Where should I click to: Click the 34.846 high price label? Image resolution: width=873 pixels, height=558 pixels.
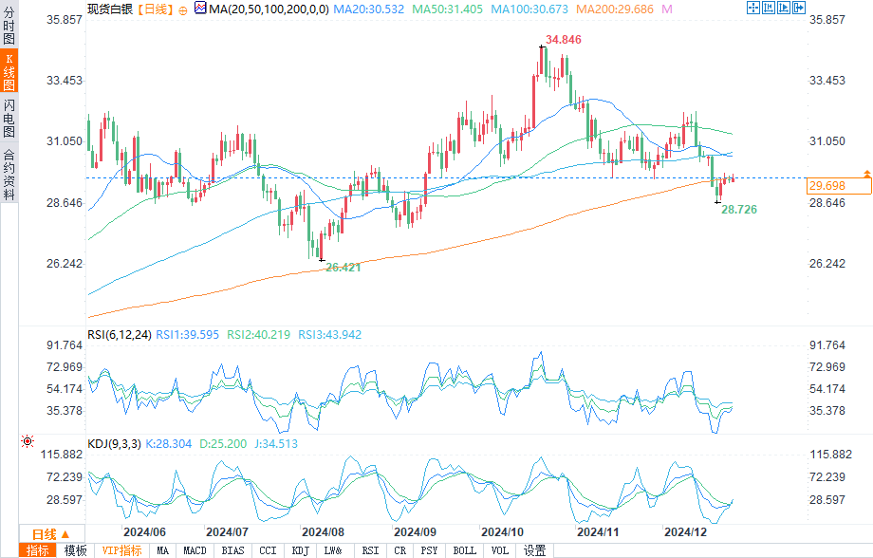tap(564, 40)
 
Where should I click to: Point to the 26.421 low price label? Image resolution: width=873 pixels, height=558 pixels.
tap(344, 268)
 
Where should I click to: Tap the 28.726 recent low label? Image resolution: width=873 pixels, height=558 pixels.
tap(738, 208)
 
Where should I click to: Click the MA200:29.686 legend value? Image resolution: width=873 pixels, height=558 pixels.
tap(618, 9)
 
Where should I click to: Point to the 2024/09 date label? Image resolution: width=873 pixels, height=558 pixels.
tap(415, 532)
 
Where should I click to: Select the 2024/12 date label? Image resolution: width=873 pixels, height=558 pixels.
tap(685, 532)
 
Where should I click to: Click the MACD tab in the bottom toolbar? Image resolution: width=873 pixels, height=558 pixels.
tap(195, 550)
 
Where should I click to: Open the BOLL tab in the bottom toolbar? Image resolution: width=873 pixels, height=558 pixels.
tap(464, 550)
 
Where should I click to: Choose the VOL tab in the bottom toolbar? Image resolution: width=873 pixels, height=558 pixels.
tap(499, 550)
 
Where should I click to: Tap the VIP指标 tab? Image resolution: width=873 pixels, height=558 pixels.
tap(121, 550)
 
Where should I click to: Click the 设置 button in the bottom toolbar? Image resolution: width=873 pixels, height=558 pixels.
tap(534, 550)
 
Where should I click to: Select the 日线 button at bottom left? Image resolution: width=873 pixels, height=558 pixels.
tap(46, 534)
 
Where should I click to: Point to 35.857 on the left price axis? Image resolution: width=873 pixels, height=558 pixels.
tap(65, 20)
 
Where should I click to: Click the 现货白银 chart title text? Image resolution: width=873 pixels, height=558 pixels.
tap(109, 9)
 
